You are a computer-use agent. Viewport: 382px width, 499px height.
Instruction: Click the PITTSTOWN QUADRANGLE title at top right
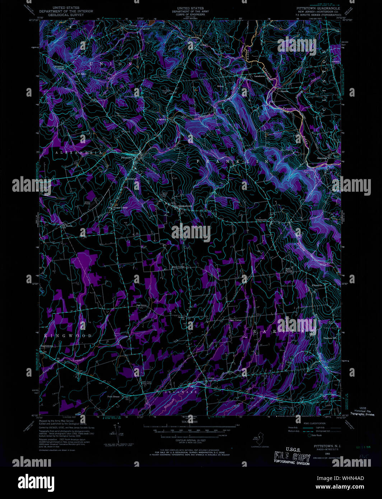[x=318, y=8]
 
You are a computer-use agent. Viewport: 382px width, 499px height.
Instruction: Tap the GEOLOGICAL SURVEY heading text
[x=66, y=15]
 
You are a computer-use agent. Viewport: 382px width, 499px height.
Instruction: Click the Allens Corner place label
[x=178, y=267]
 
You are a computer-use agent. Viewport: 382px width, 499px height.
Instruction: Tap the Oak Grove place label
[x=141, y=306]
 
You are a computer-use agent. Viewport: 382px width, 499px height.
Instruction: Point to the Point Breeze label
[x=113, y=397]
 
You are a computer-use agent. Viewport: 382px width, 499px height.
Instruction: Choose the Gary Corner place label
[x=236, y=320]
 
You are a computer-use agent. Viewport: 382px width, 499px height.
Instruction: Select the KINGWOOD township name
[x=68, y=336]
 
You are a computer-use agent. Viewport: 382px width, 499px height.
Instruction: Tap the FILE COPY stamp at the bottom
[x=292, y=458]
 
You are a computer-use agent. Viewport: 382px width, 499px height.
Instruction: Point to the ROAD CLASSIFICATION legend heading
[x=315, y=424]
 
